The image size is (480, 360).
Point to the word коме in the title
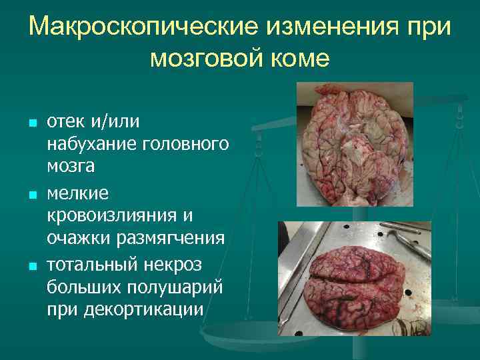300,58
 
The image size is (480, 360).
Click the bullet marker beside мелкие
24,196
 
